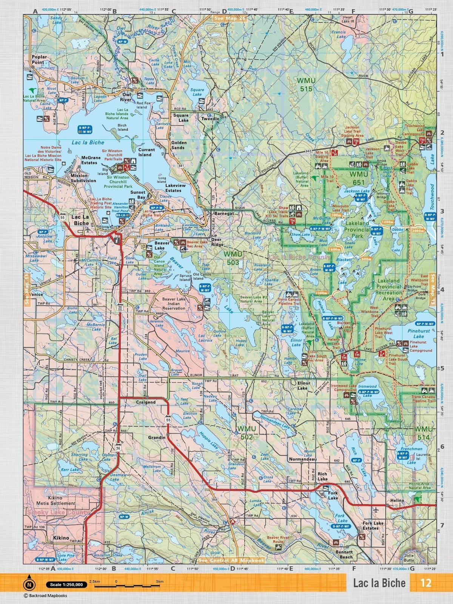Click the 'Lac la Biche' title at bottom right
coord(379,583)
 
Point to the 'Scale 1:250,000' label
coord(66,585)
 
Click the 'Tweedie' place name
coord(210,118)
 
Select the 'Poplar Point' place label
coord(39,59)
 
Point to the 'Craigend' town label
coord(146,402)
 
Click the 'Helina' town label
coord(397,501)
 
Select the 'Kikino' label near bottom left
coord(61,538)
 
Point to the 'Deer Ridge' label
coord(217,242)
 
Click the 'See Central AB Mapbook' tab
coord(232,561)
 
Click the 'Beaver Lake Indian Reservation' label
coord(174,303)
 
